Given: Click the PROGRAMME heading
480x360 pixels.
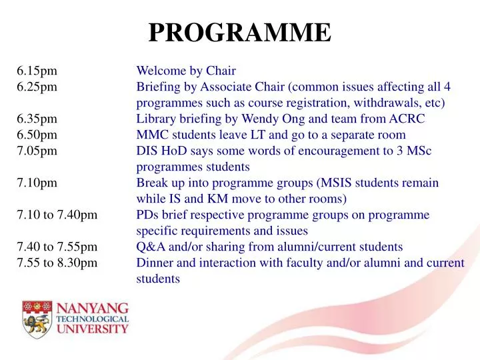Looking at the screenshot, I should pos(239,32).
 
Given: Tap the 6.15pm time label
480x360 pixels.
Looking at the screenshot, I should pos(37,70).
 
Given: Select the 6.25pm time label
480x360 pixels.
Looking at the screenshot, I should pos(37,87).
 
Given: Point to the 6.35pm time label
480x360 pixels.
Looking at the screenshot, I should pos(37,119).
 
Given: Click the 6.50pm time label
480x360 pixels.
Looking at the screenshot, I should pos(37,135).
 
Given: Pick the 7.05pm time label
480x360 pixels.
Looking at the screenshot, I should pos(37,151).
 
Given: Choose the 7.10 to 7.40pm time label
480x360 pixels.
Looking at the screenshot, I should pos(57,215).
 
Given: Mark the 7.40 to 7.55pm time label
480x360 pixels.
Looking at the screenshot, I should pos(57,247).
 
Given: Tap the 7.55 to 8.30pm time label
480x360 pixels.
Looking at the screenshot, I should pos(57,263).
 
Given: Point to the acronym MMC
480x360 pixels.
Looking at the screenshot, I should pos(151,135).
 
